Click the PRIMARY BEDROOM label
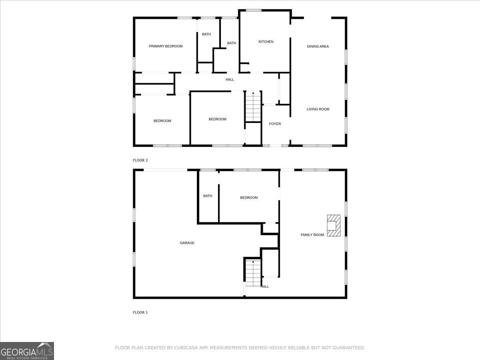166,46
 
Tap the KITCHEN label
266,42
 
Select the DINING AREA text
318,46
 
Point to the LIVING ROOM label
318,109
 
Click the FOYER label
275,124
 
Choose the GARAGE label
187,243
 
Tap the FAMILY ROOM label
312,235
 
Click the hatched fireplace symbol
334,226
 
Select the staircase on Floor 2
253,106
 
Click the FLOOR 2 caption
140,160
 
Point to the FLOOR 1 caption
140,312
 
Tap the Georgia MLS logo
27,351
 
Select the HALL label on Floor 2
230,80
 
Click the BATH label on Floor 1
208,196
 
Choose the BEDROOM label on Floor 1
249,198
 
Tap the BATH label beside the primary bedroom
206,34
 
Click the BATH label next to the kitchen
231,43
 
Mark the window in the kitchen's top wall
254,10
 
